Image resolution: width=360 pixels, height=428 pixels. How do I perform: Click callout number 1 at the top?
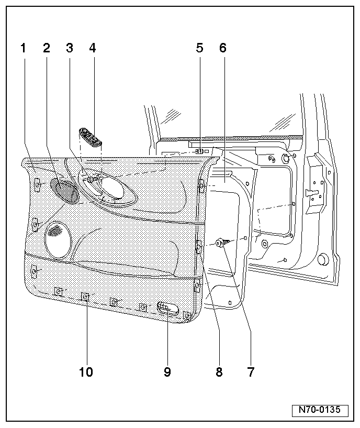point(23,48)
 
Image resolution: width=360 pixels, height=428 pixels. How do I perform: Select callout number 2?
point(47,48)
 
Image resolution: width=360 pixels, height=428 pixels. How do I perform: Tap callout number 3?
point(70,48)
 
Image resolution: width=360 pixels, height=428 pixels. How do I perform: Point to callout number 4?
point(93,48)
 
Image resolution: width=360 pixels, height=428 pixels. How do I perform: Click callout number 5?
point(199,48)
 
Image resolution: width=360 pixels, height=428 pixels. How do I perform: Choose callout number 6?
point(222,48)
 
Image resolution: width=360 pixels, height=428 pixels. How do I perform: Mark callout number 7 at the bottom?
point(251,372)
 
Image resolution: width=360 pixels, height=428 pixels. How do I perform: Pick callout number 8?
point(219,372)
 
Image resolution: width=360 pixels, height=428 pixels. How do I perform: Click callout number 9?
point(167,372)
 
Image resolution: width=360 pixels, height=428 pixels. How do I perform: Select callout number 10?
point(86,372)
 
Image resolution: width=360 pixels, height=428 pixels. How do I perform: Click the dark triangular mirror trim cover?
point(65,190)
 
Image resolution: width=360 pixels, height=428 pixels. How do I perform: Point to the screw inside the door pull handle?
point(91,180)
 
